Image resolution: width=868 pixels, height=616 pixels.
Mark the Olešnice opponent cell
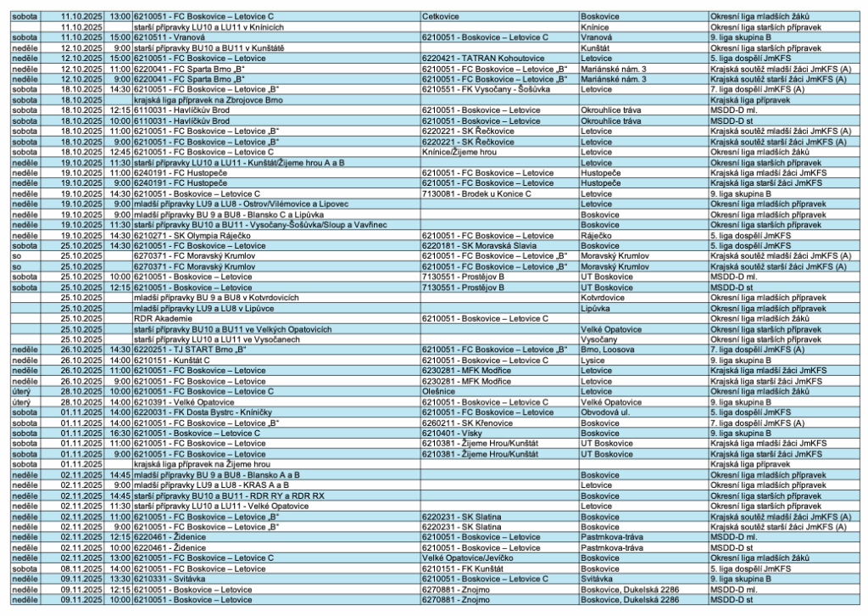pos(437,390)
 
